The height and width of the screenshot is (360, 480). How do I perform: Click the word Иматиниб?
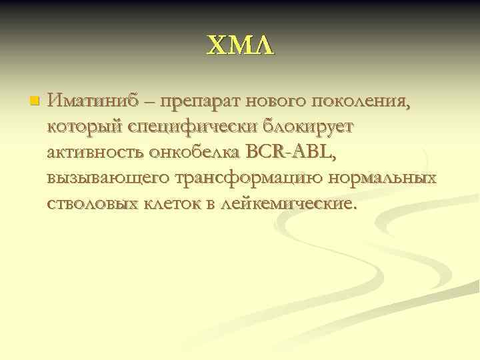(92, 102)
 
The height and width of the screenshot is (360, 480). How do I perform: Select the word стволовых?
(91, 204)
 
